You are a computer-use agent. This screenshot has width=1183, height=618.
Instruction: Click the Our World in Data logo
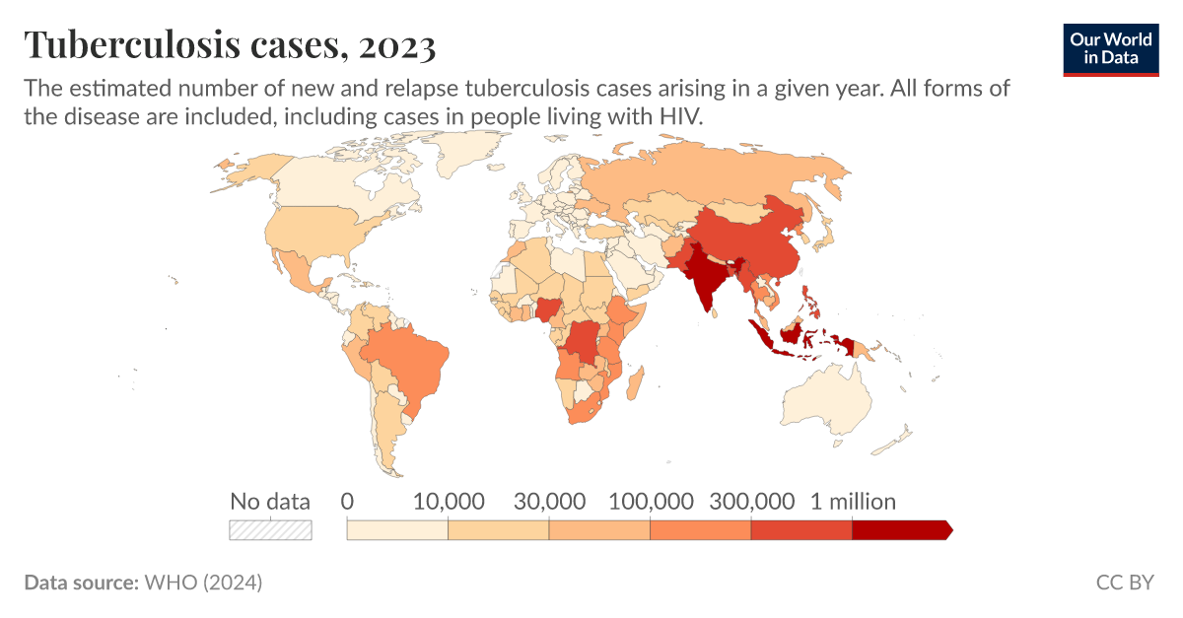[1110, 47]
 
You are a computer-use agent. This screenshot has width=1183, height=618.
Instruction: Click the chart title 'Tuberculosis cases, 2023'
[230, 44]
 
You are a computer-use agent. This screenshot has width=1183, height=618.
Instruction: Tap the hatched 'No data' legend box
[270, 530]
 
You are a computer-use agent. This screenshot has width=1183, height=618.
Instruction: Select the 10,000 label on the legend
[449, 502]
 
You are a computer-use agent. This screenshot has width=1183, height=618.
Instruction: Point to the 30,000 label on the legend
[549, 502]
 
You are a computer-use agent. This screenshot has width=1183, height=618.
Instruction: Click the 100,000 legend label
[650, 502]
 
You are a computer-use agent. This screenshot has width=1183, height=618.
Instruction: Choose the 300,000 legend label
[751, 502]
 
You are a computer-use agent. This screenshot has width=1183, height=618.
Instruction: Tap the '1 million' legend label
[853, 502]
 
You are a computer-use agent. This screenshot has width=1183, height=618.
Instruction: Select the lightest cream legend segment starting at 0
[397, 530]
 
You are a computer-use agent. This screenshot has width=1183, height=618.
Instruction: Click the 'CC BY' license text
[1124, 583]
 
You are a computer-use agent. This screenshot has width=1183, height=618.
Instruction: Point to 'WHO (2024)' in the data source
[203, 583]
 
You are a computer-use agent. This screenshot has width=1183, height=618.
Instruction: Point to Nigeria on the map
[548, 309]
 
